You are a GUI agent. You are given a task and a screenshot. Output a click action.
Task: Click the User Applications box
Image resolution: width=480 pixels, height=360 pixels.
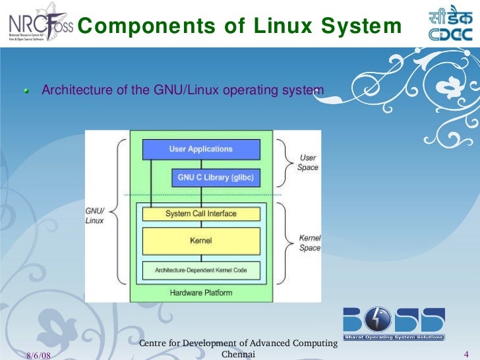click(x=200, y=149)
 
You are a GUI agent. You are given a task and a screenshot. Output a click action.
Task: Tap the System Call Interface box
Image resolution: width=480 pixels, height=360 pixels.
click(x=200, y=214)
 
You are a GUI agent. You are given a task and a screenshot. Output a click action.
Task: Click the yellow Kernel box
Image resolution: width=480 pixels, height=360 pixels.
click(x=200, y=241)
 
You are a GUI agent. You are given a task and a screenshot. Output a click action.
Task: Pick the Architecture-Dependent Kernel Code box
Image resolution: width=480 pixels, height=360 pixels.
click(x=200, y=270)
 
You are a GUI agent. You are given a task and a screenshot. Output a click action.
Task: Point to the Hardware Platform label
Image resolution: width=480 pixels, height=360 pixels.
click(x=200, y=292)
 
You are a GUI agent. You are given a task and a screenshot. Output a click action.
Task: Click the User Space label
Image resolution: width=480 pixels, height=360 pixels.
click(x=308, y=163)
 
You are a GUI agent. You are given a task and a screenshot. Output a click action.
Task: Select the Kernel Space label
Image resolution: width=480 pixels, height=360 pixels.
click(x=309, y=243)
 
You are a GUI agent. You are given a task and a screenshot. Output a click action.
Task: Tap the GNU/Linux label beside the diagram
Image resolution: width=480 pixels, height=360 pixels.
click(x=95, y=216)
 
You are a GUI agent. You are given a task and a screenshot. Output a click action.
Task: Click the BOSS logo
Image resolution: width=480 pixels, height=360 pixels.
click(x=394, y=322)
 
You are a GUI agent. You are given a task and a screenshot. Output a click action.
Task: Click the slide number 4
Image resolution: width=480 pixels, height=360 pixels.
click(x=466, y=355)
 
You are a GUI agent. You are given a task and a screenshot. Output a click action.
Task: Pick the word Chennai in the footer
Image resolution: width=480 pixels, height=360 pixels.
click(x=239, y=354)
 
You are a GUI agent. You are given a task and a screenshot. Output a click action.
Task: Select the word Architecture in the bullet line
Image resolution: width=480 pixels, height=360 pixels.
click(x=78, y=90)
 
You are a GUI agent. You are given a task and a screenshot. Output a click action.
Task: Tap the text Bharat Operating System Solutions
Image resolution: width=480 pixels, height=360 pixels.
click(x=394, y=337)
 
